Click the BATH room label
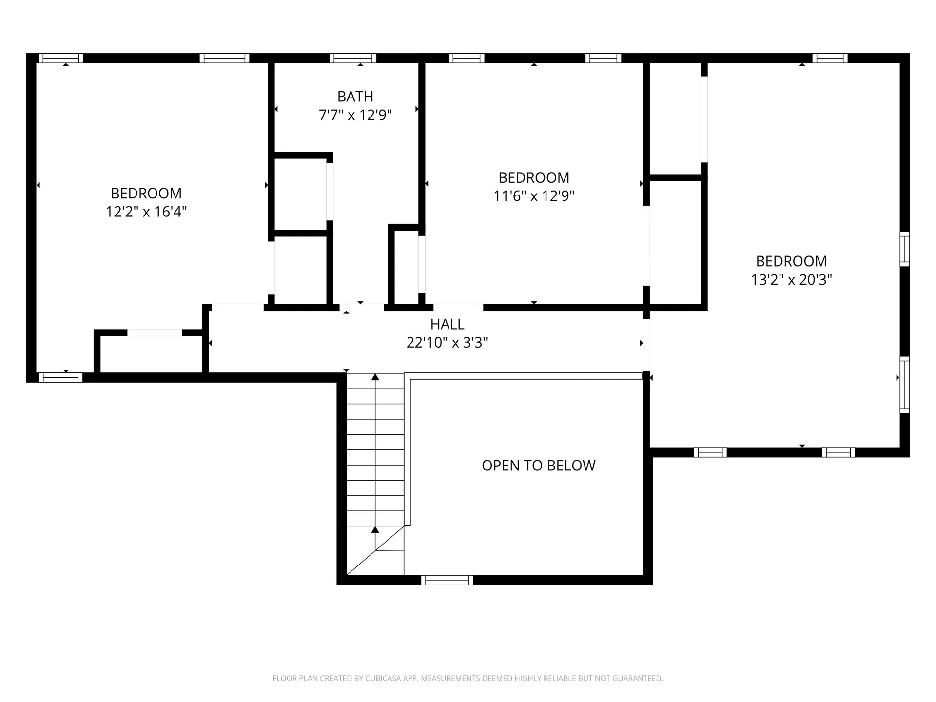(355, 97)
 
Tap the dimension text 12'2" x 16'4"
(147, 212)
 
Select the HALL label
(447, 324)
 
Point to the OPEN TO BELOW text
(539, 466)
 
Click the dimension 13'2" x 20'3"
(792, 280)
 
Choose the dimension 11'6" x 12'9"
(534, 196)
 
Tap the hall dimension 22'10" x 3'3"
(447, 343)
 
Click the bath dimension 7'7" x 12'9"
(355, 115)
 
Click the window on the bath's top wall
(353, 58)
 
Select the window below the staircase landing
(447, 580)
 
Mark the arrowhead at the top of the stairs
(375, 377)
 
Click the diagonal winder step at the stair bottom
(375, 550)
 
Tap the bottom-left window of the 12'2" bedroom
(60, 377)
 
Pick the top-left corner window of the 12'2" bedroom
(61, 58)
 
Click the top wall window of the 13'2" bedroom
(830, 58)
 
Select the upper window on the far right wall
(905, 249)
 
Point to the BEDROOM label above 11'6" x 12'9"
(534, 177)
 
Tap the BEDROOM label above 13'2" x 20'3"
(792, 261)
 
